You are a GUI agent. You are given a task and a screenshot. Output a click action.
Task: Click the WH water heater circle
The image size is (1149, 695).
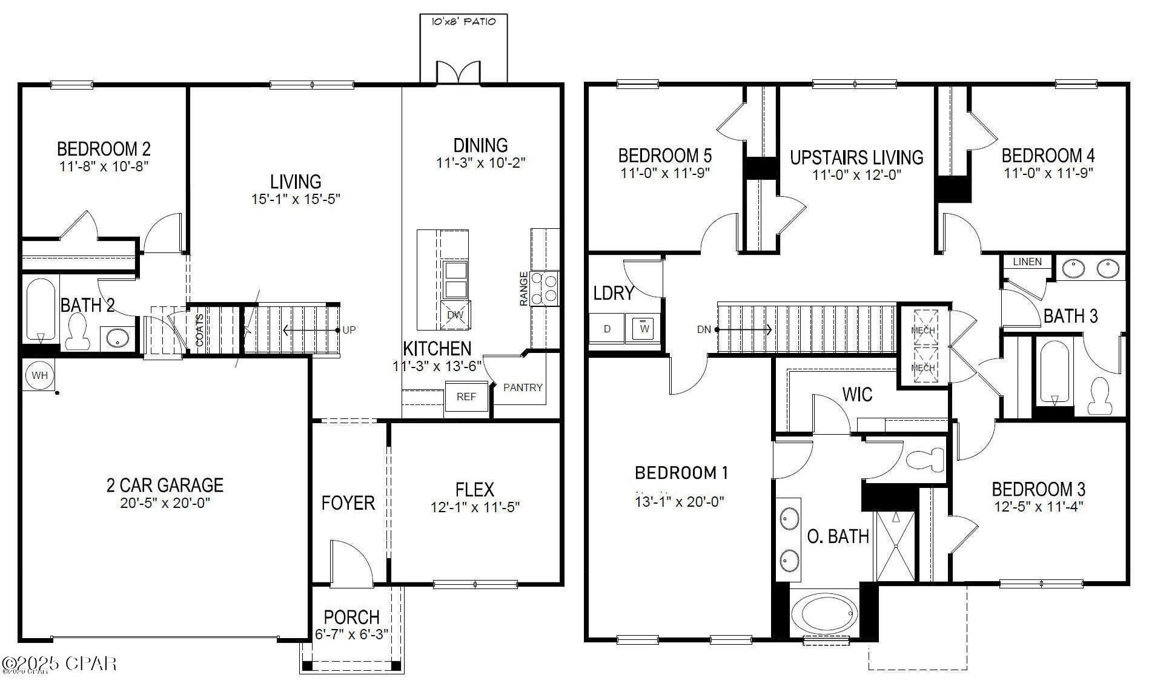pos(39,375)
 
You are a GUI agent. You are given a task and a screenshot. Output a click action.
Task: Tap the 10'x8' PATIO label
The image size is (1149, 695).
pos(463,22)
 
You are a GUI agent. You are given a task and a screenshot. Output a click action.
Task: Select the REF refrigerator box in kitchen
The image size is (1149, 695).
pos(466,397)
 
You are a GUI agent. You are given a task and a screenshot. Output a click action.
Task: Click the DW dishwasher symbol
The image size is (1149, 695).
pos(455,315)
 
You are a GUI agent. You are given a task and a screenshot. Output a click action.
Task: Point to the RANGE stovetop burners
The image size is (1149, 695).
pos(545,288)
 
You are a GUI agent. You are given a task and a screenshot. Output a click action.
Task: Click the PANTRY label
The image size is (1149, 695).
pos(523,387)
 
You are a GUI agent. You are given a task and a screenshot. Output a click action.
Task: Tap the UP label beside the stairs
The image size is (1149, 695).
pos(349,330)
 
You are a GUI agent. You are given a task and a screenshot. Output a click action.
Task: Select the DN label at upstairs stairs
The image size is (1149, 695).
pos(703,330)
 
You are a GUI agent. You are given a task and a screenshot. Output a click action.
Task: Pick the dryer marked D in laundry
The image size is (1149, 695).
pos(608,329)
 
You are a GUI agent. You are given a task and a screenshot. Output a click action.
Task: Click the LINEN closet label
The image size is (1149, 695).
pos(1027,262)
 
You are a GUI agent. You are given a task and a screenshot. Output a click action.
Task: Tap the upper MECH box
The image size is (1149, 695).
pos(923,329)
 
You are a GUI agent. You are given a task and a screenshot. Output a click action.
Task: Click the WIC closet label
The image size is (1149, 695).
pos(857,395)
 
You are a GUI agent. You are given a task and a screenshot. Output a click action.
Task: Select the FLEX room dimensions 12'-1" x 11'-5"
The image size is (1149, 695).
pos(475,507)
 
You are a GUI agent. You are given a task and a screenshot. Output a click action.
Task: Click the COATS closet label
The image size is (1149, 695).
pos(200,330)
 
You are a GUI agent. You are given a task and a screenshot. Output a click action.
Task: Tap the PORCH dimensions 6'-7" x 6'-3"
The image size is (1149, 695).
pos(351,634)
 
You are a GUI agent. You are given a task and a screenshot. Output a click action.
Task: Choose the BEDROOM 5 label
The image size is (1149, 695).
pos(664,156)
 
